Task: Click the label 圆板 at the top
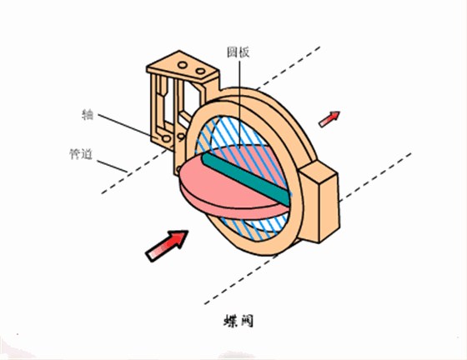click(x=238, y=52)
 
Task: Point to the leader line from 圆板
click(x=239, y=100)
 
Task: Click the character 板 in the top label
click(x=244, y=52)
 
